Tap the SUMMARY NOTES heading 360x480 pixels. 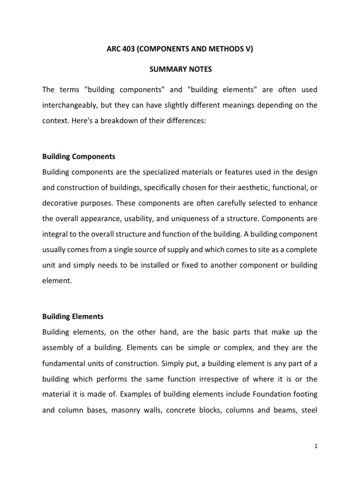tap(180, 69)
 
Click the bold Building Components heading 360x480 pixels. tap(79, 156)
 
